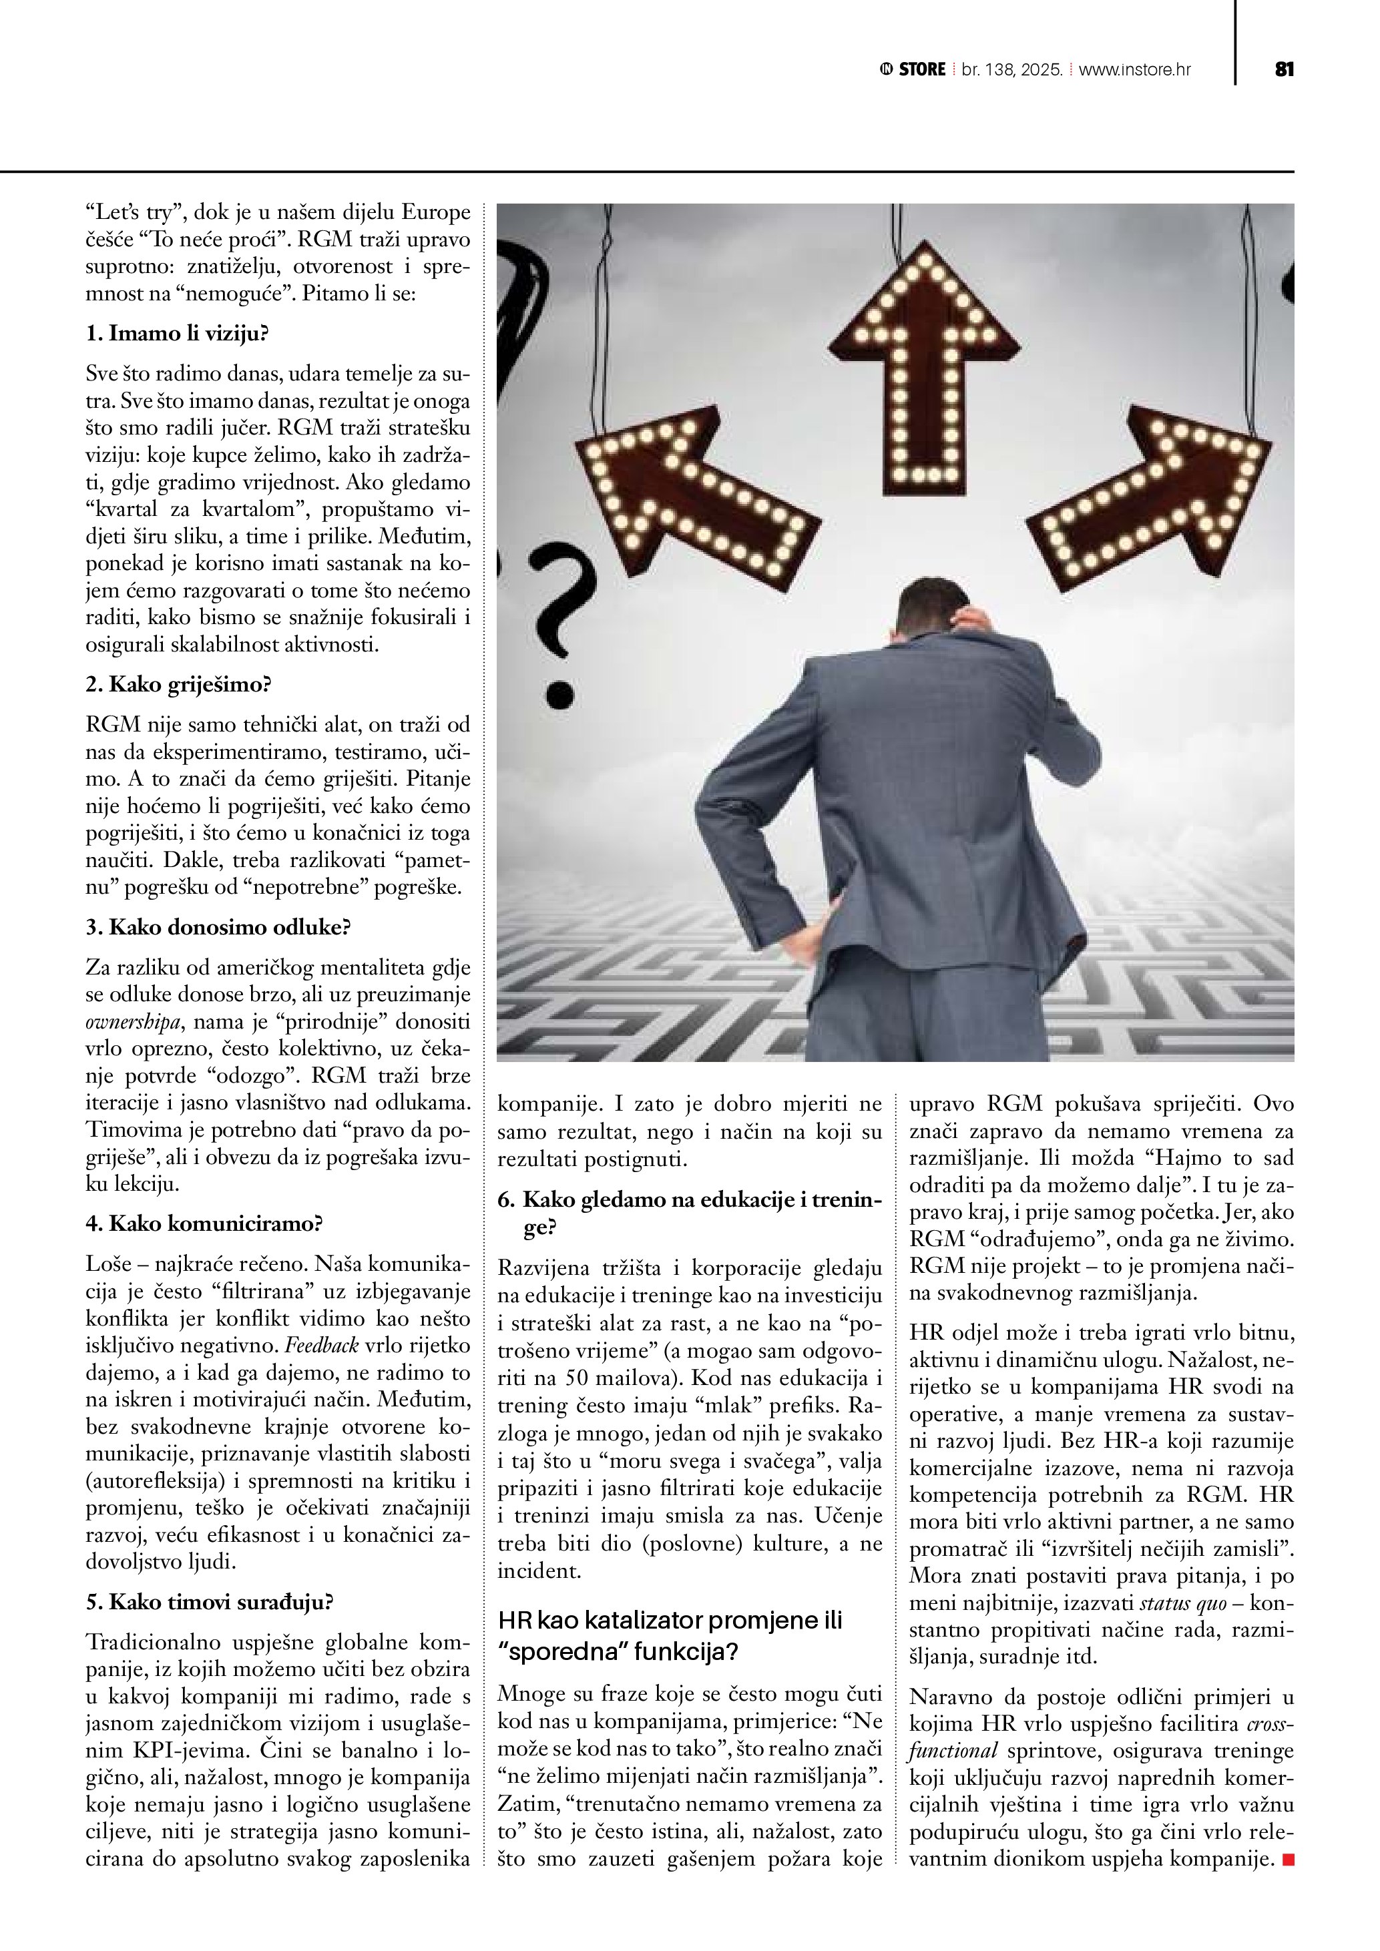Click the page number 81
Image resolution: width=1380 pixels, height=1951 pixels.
click(1284, 69)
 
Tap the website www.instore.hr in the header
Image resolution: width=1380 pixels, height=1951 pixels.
click(1134, 69)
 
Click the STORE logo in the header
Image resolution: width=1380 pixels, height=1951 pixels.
click(913, 69)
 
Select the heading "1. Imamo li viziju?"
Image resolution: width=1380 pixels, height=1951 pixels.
click(177, 333)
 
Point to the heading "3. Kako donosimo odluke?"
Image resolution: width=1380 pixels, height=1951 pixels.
click(218, 926)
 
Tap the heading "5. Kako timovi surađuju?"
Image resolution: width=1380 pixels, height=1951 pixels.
click(209, 1602)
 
